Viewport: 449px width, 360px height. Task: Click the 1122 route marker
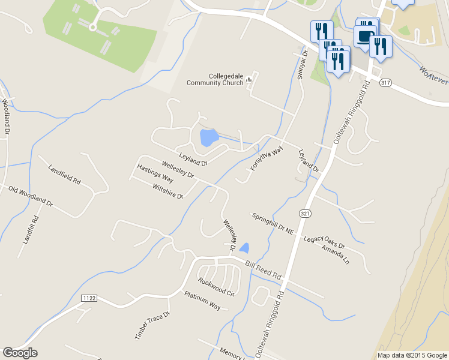(89, 298)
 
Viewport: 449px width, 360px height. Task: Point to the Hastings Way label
(155, 175)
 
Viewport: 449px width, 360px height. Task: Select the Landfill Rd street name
(31, 229)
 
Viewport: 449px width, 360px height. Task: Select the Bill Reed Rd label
(263, 269)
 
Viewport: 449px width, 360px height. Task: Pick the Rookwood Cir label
(216, 287)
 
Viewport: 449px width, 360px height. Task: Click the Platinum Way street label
(202, 299)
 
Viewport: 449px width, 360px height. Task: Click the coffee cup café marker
(365, 36)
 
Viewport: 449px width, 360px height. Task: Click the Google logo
(20, 353)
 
